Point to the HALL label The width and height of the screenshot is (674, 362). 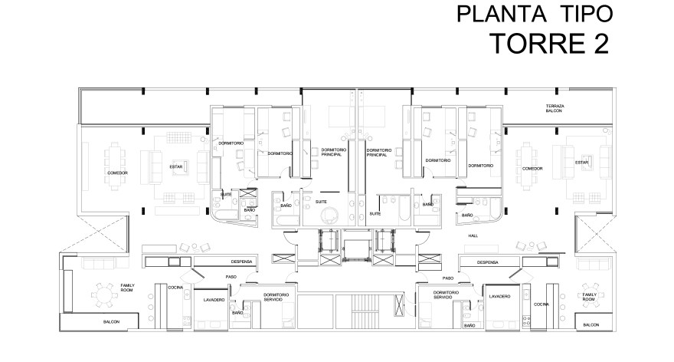(x=473, y=235)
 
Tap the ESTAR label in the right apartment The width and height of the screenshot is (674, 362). (x=582, y=163)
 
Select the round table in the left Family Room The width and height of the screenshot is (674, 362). (x=103, y=294)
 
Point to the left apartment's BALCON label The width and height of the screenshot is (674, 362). (x=111, y=322)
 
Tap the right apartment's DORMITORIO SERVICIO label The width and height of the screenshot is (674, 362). (x=445, y=295)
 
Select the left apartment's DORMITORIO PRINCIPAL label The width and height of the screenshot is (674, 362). (x=335, y=152)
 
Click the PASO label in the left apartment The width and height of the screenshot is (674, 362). (x=230, y=277)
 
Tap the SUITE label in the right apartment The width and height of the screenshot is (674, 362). (x=375, y=214)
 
